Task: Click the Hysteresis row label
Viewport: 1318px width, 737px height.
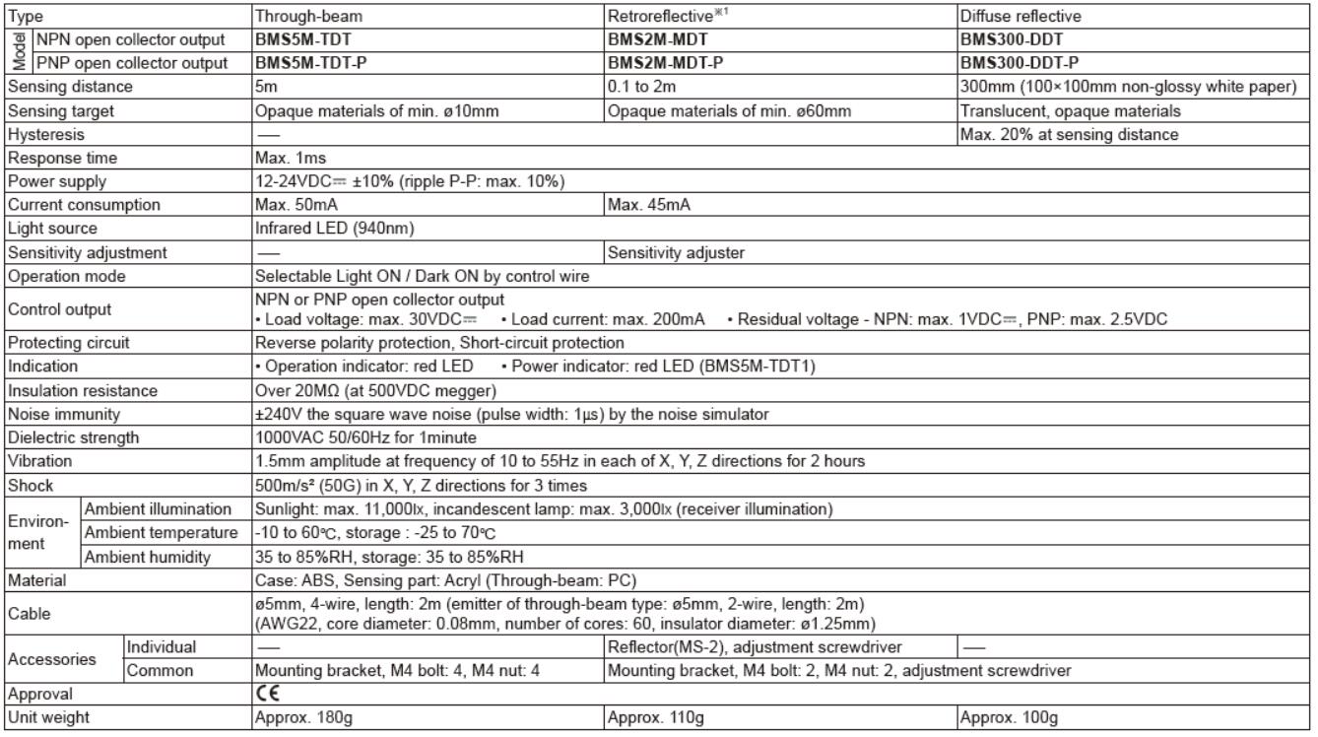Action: point(45,133)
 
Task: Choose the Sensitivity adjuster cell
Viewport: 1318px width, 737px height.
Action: point(676,252)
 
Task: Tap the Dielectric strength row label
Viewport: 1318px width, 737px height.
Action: point(73,437)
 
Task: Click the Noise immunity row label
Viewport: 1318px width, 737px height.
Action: point(63,414)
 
